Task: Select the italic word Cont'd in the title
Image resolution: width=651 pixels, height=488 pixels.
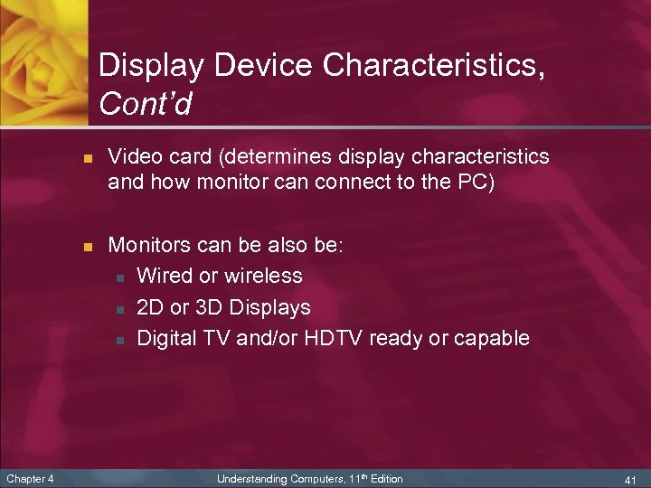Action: (x=145, y=106)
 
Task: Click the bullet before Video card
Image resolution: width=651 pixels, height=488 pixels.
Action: (x=87, y=157)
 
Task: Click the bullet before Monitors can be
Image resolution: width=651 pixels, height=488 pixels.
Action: (x=87, y=246)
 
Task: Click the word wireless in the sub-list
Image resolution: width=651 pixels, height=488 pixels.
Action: (x=263, y=276)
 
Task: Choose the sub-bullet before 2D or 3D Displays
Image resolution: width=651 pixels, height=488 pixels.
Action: (x=118, y=308)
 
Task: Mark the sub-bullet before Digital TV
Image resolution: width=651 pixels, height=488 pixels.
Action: (x=118, y=340)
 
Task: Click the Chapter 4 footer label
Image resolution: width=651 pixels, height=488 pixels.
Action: (x=29, y=478)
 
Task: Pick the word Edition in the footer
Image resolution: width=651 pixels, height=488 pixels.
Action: (x=385, y=478)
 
